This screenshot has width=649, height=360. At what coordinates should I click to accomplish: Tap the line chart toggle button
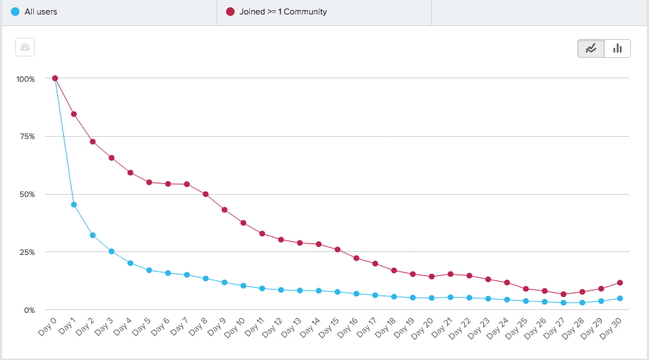591,49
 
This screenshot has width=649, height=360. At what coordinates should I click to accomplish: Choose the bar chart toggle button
617,49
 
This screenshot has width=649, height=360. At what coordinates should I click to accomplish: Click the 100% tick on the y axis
25,78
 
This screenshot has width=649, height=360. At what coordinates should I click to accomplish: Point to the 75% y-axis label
27,136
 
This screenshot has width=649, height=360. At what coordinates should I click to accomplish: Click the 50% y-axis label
27,194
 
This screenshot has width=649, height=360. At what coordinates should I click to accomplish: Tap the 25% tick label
27,252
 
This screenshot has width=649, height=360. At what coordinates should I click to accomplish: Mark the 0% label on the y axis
29,310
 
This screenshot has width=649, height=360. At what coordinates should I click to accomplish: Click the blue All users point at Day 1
74,205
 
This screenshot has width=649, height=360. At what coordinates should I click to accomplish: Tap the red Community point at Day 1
74,114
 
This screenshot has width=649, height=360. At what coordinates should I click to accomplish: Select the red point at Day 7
187,184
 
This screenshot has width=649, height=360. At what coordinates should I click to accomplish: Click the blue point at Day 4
130,263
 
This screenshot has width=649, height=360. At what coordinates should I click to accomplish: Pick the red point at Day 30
620,282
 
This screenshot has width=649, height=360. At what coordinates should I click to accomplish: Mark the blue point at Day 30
620,298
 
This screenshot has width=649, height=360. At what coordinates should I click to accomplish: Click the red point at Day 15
338,250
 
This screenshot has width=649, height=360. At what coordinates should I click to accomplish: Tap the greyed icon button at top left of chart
25,48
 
